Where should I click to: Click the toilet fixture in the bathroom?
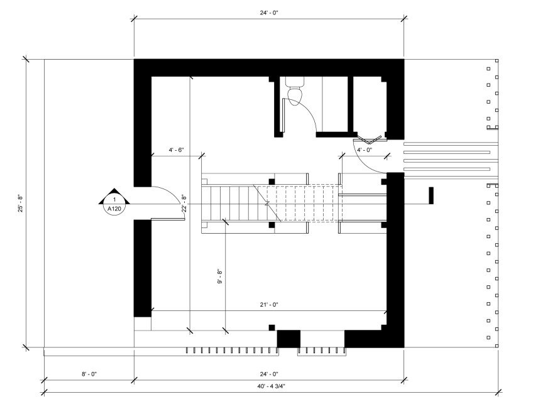point(294,91)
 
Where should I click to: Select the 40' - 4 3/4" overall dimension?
point(271,386)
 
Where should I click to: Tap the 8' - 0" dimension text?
point(89,374)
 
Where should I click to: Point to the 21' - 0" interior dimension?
point(269,305)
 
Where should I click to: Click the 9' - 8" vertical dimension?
point(220,276)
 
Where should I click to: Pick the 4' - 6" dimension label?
point(176,150)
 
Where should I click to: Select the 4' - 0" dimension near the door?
point(365,150)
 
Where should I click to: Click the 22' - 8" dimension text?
point(184,203)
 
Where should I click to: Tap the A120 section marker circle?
point(114,204)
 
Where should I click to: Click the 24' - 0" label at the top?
point(269,13)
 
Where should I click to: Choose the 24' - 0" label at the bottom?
point(269,374)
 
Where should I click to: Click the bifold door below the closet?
point(370,139)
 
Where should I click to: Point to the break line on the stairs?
point(268,203)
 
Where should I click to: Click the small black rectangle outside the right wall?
point(431,195)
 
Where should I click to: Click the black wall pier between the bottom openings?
point(288,339)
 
